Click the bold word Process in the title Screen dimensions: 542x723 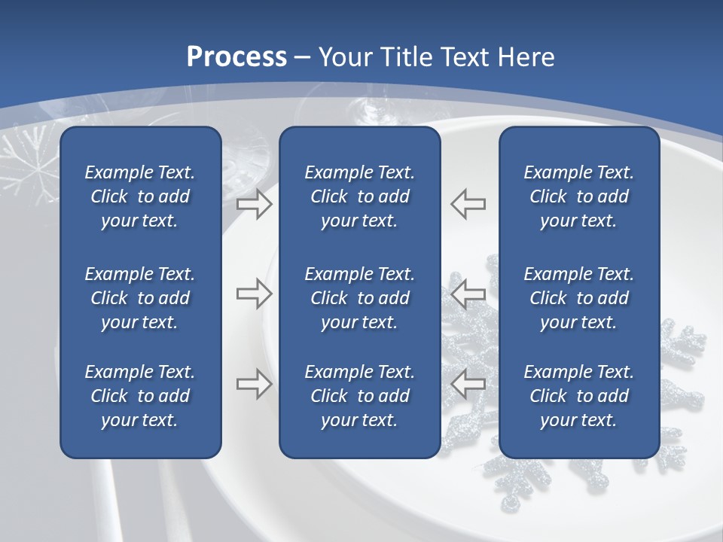point(236,57)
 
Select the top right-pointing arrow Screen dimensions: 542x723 point(254,204)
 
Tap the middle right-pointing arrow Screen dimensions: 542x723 point(254,294)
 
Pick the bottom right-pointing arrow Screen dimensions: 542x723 point(254,384)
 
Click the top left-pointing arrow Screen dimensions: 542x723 point(468,203)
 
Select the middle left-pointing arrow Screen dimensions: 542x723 point(468,294)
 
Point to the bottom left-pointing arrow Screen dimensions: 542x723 point(468,384)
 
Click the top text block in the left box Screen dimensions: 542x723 point(140,196)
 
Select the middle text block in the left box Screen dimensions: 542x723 point(140,298)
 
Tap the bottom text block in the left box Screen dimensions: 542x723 point(140,396)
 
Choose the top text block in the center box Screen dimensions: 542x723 point(360,196)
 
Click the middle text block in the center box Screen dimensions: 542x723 point(360,298)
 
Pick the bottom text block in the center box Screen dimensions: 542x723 point(360,396)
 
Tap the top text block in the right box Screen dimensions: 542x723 point(579,196)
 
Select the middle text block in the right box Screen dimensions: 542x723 point(579,298)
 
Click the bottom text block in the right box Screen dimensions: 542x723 point(579,396)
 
